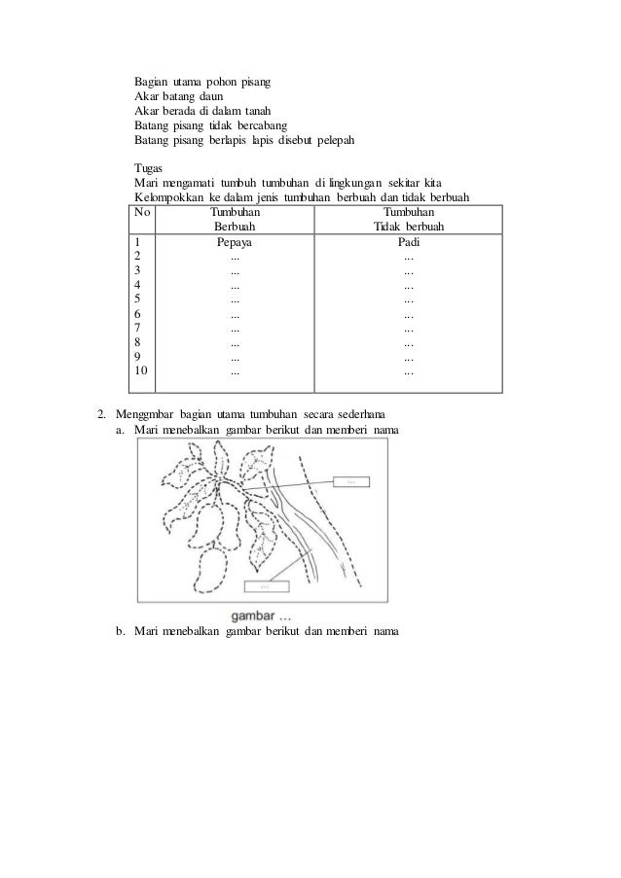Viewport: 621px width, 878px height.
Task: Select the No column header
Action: coord(143,211)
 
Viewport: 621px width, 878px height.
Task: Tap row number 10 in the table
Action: coord(142,370)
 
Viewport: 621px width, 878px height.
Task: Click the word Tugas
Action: coord(149,167)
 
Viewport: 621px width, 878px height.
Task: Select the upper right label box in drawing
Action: coord(350,481)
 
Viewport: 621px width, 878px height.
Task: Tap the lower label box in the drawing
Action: coord(266,586)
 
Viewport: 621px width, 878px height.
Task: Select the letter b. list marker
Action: coord(120,634)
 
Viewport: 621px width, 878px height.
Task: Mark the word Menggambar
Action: coord(147,412)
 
